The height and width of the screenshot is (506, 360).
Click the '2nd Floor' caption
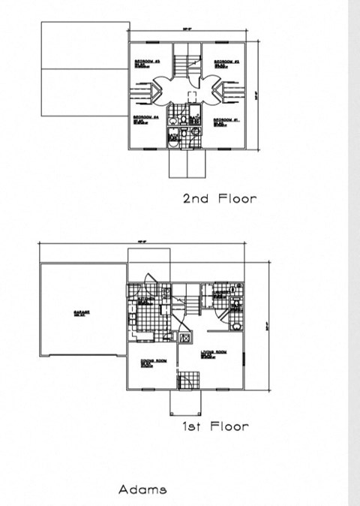[220, 199]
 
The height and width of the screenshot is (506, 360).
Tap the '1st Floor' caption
[217, 426]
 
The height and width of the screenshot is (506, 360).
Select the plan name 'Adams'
[142, 489]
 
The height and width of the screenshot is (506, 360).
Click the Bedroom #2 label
[226, 62]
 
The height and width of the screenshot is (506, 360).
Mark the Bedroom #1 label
[226, 121]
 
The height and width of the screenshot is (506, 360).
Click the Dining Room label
[152, 362]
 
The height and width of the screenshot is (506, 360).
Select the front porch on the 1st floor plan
[187, 402]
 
